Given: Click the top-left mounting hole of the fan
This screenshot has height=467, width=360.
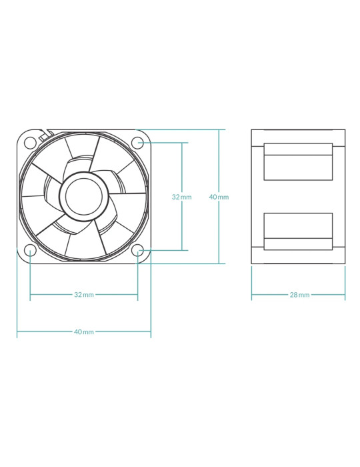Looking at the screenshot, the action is pos(30,143).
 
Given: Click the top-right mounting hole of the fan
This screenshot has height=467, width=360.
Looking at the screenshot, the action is pos(138,143).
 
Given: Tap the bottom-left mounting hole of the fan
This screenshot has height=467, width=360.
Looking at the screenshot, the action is pos(30,250).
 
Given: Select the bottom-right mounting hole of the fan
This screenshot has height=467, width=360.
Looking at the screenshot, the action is pos(138,250).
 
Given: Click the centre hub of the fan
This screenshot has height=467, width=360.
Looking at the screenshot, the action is pos(84,197).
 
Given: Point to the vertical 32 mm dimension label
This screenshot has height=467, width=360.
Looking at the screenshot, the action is pos(181,197).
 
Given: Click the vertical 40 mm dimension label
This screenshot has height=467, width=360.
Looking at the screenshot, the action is pos(219,197).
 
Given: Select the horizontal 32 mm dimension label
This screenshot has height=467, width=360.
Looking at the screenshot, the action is pos(84,295).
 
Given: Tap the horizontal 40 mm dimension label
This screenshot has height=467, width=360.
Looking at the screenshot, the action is pos(84,332).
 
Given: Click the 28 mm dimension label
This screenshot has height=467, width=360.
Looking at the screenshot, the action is pos(299,295).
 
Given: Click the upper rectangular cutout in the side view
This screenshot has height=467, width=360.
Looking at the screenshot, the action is pos(298,161).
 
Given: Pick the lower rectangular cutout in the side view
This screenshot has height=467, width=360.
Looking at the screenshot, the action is pos(298,231).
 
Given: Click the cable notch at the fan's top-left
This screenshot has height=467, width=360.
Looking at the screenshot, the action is pos(43,135).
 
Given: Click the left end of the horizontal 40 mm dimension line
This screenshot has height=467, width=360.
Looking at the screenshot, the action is pos(17,331).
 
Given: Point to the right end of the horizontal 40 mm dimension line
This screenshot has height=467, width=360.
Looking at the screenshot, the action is pos(151,331).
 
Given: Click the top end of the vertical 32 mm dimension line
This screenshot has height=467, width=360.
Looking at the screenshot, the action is pos(182,143).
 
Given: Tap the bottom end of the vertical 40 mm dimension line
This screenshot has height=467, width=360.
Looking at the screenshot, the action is pos(219,264).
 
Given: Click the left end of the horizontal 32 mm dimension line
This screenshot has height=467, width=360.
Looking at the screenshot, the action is pos(31,295).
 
